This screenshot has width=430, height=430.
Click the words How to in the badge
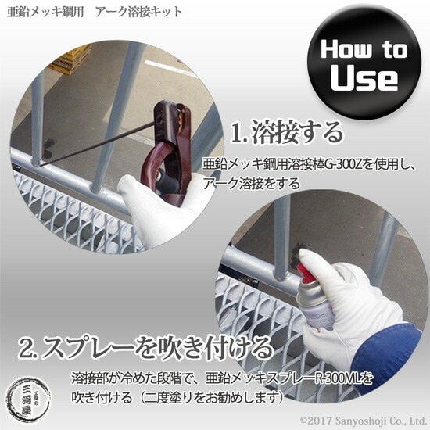[x=364, y=49]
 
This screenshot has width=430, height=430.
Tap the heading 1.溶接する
[x=287, y=133]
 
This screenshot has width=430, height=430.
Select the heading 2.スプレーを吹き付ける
[x=146, y=347]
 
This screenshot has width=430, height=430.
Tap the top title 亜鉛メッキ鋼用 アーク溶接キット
[x=95, y=13]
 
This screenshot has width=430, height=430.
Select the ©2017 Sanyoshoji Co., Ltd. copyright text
[x=363, y=421]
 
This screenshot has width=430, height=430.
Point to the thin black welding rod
[x=98, y=145]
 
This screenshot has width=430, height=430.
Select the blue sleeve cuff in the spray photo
[x=386, y=353]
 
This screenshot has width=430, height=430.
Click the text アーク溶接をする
[x=252, y=184]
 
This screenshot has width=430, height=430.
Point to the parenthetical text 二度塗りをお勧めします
[x=210, y=398]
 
